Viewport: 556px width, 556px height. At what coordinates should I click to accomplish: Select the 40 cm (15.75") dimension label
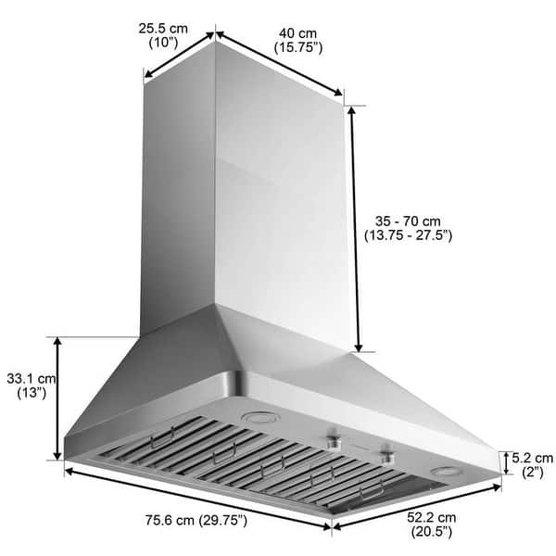point(297,41)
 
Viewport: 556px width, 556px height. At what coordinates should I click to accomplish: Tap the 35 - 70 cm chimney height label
point(408,228)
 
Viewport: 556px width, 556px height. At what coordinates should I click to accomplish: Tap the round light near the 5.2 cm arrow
point(447,470)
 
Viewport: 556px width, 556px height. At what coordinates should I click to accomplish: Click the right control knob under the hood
point(385,453)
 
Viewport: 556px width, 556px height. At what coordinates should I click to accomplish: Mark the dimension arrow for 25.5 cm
point(180,57)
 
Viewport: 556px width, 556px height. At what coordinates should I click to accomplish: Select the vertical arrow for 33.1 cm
point(58,398)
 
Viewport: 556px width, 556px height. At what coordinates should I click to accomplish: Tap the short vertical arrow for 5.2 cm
point(504,462)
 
